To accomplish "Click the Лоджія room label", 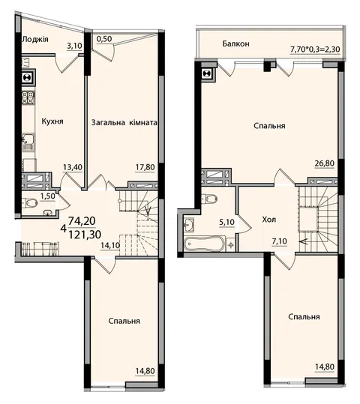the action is [x=35, y=40].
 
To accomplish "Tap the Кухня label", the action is [x=52, y=121].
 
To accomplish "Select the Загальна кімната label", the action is [x=124, y=122].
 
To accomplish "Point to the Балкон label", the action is [x=235, y=43].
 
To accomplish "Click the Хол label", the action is [x=269, y=220].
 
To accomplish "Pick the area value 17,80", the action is [x=145, y=167].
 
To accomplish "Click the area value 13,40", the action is [x=73, y=167].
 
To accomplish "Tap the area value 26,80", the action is [x=325, y=163].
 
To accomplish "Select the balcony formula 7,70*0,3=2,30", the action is [x=315, y=49].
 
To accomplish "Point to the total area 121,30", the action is [x=85, y=235].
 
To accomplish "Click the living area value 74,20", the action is [x=82, y=221].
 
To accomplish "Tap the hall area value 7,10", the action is [x=279, y=241].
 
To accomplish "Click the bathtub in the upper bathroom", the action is [x=205, y=244].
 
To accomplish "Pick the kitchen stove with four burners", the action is [x=28, y=98].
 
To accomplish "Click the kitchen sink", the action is [x=28, y=142].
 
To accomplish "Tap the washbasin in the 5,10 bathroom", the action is [x=190, y=223].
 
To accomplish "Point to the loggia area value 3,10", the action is [x=74, y=46].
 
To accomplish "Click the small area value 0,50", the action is [x=104, y=39].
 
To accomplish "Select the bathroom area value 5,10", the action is [x=227, y=222].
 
